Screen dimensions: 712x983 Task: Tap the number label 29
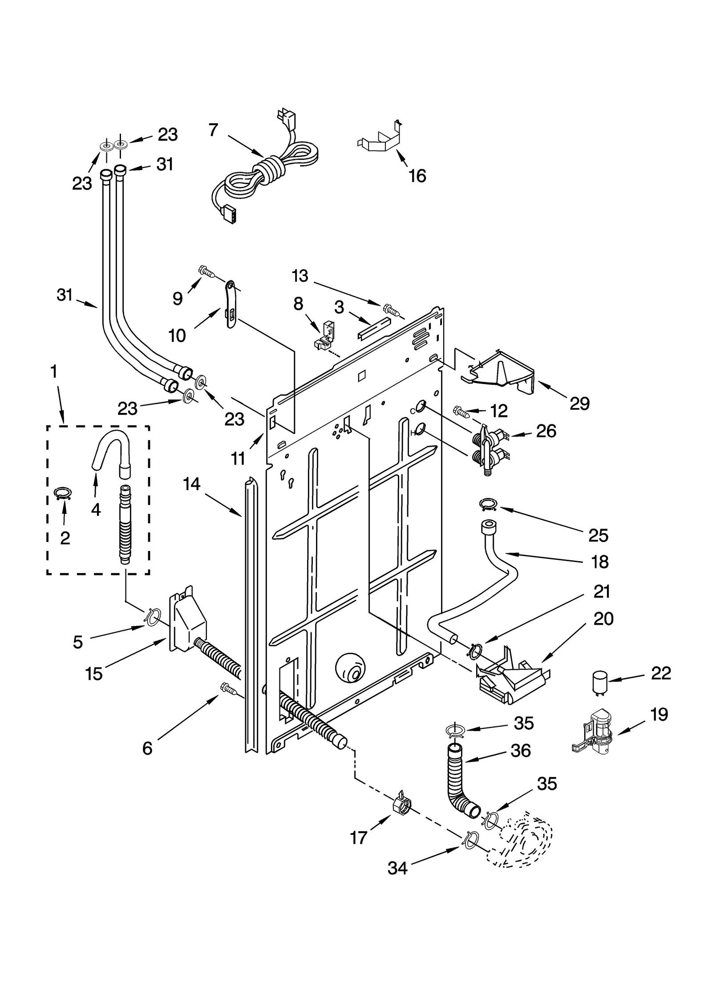tap(579, 404)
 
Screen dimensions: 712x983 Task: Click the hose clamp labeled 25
tap(488, 504)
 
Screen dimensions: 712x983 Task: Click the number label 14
tap(192, 484)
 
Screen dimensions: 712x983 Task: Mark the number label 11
tap(239, 458)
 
